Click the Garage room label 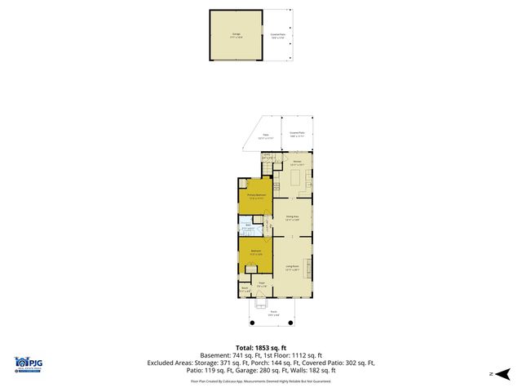tap(236, 35)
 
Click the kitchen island tap(297, 178)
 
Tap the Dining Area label tap(291, 217)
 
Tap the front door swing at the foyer tap(262, 305)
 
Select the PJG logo tap(30, 365)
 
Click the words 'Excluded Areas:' tap(170, 362)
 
